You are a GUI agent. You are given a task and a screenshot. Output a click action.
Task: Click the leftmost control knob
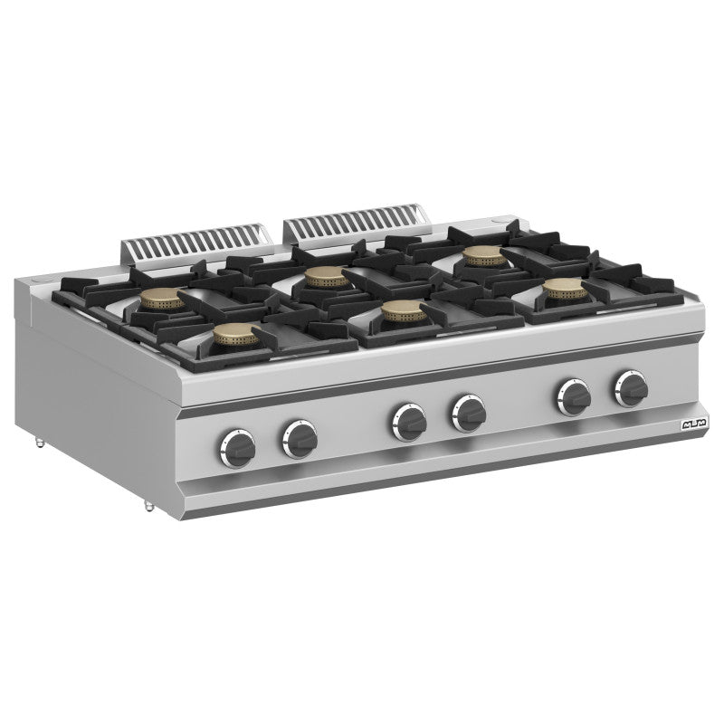tap(237, 443)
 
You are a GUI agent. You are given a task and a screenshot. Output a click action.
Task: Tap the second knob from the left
tap(299, 435)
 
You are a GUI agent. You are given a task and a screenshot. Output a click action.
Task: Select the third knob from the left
tap(409, 420)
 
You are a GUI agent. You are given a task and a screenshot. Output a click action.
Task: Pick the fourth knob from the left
tap(468, 413)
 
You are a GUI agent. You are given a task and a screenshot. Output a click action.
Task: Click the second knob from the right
tap(574, 396)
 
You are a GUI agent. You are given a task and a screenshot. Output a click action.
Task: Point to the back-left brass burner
tap(163, 300)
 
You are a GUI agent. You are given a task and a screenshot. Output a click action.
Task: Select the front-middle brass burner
tap(398, 310)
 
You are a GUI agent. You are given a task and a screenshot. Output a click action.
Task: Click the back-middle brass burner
tap(323, 276)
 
